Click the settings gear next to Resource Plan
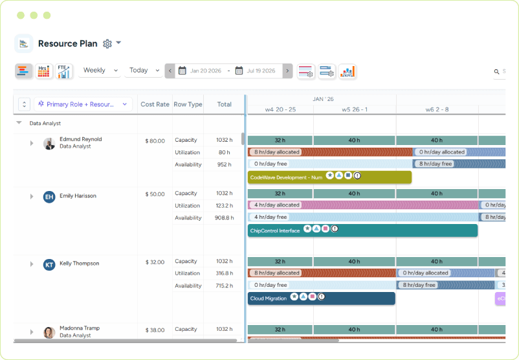click(x=107, y=43)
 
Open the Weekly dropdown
click(x=100, y=71)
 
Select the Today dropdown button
click(x=144, y=71)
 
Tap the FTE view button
click(x=63, y=71)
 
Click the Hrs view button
click(x=43, y=71)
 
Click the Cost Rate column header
click(x=155, y=104)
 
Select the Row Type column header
click(x=188, y=104)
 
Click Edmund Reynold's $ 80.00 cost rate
click(x=155, y=141)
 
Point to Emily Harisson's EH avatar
click(x=49, y=197)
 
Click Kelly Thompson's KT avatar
click(x=49, y=264)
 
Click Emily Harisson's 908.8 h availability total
click(x=224, y=218)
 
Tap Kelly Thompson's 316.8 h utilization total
click(x=224, y=273)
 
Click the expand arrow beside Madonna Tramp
click(x=31, y=332)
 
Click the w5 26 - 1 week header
click(x=354, y=109)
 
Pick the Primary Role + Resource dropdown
click(x=84, y=104)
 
